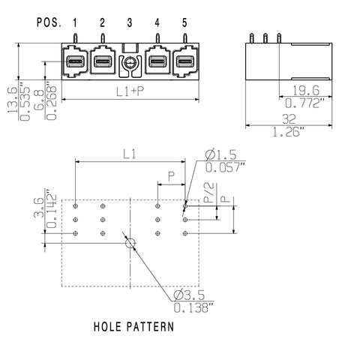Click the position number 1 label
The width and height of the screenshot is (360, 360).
(75, 22)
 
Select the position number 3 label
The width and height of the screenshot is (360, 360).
(129, 22)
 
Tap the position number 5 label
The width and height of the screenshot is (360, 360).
(184, 22)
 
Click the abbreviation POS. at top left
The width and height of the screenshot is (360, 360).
(49, 22)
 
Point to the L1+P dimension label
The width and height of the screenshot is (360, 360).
(130, 91)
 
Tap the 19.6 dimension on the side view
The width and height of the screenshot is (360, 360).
(307, 91)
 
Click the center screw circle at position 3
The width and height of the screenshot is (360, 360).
(130, 64)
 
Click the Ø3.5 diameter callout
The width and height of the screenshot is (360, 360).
(191, 292)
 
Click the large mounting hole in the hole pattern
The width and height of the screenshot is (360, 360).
(130, 243)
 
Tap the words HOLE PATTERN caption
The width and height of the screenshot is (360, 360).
(134, 328)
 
